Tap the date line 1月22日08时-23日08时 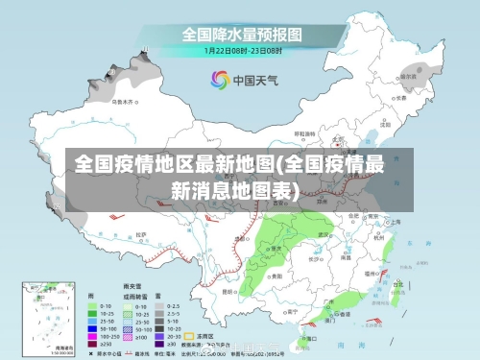[239, 49]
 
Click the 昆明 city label [228, 291]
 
